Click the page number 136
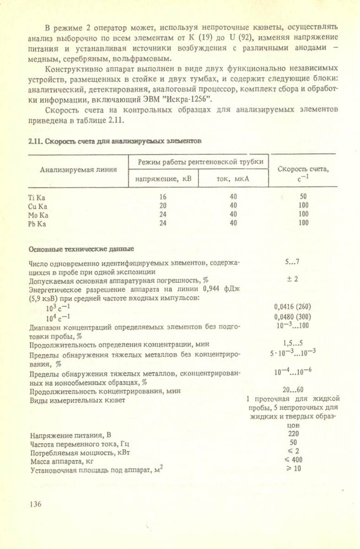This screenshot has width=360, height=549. pos(35,504)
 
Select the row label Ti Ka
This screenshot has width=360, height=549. pos(35,198)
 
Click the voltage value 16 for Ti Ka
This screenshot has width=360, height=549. pos(163,197)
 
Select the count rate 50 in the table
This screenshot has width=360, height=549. pos(303,197)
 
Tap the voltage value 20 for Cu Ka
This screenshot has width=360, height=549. pos(163,206)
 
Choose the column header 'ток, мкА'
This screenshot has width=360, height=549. pos(233,179)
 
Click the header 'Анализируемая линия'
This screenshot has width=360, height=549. pos(78,170)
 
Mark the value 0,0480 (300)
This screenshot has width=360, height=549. pos(298,316)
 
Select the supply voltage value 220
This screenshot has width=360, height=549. pos(293,434)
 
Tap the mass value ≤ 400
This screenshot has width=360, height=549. pos(293,460)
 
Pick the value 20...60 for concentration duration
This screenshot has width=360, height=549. pos(293,390)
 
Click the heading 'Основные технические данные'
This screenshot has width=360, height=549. pos(81,250)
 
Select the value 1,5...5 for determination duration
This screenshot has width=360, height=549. pos(293,343)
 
